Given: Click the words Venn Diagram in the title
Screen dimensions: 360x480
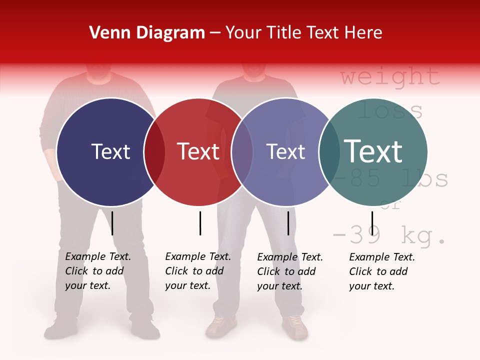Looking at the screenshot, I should pyautogui.click(x=147, y=33).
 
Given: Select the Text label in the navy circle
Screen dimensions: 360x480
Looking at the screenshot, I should pyautogui.click(x=110, y=151).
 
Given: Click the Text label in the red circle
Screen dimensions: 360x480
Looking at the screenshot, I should pyautogui.click(x=198, y=151).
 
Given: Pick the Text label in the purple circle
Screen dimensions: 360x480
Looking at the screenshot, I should pyautogui.click(x=285, y=151).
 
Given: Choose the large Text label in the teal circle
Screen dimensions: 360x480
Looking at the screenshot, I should pyautogui.click(x=373, y=151).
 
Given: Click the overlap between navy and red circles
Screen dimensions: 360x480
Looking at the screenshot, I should pyautogui.click(x=154, y=152).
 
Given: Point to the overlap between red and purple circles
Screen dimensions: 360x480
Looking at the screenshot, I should pyautogui.click(x=242, y=152).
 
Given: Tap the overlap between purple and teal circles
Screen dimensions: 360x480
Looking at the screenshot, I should pyautogui.click(x=329, y=152).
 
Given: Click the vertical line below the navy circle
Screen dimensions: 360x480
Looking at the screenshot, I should pyautogui.click(x=112, y=223).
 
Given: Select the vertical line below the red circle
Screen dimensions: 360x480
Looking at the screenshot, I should pyautogui.click(x=200, y=223).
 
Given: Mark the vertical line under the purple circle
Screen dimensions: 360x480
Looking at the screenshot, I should pyautogui.click(x=288, y=223).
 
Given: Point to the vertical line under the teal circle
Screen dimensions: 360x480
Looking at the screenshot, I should pyautogui.click(x=372, y=223).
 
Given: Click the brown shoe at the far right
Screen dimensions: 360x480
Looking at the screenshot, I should pyautogui.click(x=295, y=327).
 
